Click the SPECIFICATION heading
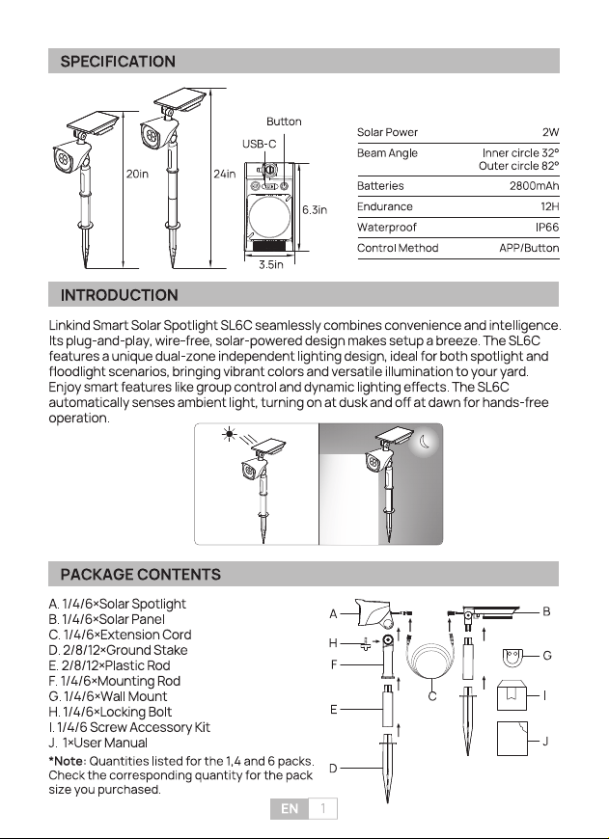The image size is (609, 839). [118, 62]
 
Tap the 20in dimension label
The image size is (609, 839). [137, 174]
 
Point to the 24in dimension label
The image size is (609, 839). [225, 174]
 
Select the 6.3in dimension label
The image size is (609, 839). [315, 210]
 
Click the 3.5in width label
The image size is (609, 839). [271, 265]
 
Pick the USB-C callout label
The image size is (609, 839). [260, 144]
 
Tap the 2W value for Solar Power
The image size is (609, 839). [550, 132]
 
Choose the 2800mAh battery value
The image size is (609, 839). [534, 186]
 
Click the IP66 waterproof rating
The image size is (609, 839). [547, 228]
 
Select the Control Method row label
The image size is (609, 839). [398, 248]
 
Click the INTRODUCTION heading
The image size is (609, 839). [120, 295]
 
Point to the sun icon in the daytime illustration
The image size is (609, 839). [230, 434]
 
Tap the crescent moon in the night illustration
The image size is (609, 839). [425, 442]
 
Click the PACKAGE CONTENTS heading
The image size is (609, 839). [140, 575]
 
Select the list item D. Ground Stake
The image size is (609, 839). [118, 650]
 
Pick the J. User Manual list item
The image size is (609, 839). [98, 743]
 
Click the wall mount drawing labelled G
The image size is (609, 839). [512, 658]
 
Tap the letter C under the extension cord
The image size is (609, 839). [432, 696]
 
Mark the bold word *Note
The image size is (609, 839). [68, 761]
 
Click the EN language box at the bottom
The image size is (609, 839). [290, 808]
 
